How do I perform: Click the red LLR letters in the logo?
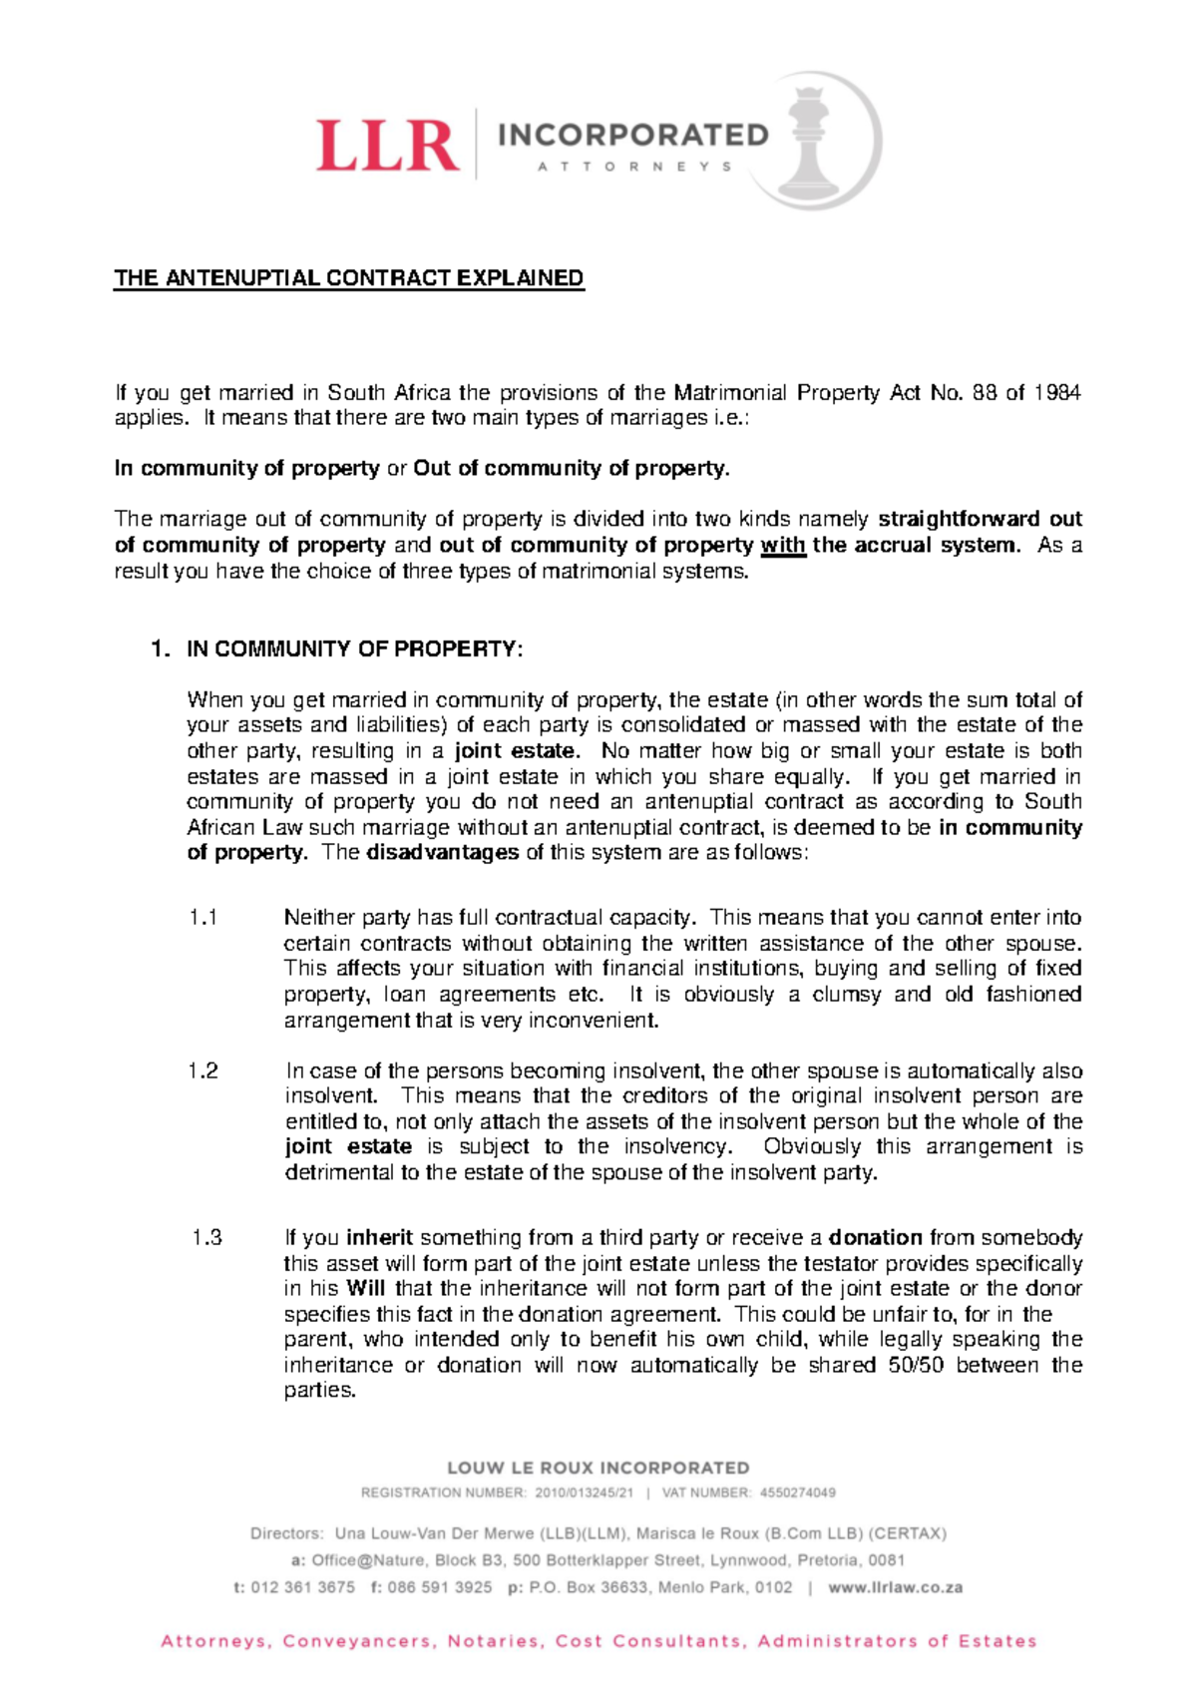[389, 145]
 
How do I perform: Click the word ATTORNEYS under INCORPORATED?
[634, 167]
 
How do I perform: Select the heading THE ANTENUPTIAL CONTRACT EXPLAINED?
[349, 278]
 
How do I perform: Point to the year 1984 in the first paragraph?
[1056, 393]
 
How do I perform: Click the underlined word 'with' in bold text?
[783, 546]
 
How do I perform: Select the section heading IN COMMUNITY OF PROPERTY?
[354, 649]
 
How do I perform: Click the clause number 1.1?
[202, 918]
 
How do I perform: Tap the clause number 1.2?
[202, 1071]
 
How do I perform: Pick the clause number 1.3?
[206, 1238]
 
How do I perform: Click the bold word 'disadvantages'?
[443, 853]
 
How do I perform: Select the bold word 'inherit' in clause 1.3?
[379, 1238]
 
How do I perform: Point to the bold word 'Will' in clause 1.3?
[365, 1289]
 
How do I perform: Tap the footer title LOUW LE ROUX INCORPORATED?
[598, 1468]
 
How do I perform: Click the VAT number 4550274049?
[797, 1493]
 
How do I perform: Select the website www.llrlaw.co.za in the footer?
[895, 1587]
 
